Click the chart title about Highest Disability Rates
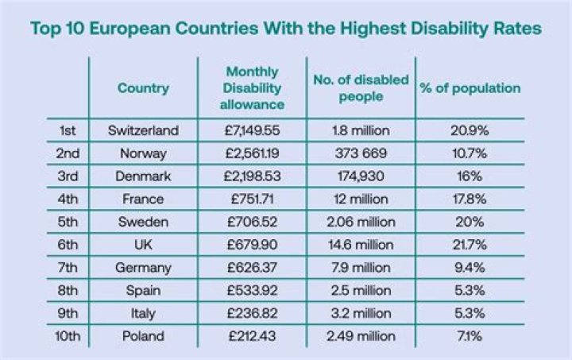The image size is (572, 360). coord(286,29)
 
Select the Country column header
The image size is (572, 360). coord(143,87)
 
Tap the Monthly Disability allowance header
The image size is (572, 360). coord(252,87)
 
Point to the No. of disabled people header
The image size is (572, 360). coord(361,87)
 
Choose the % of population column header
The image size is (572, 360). coord(470,87)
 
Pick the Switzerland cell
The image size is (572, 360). coord(143,130)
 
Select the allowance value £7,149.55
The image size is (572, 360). coord(252,130)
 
